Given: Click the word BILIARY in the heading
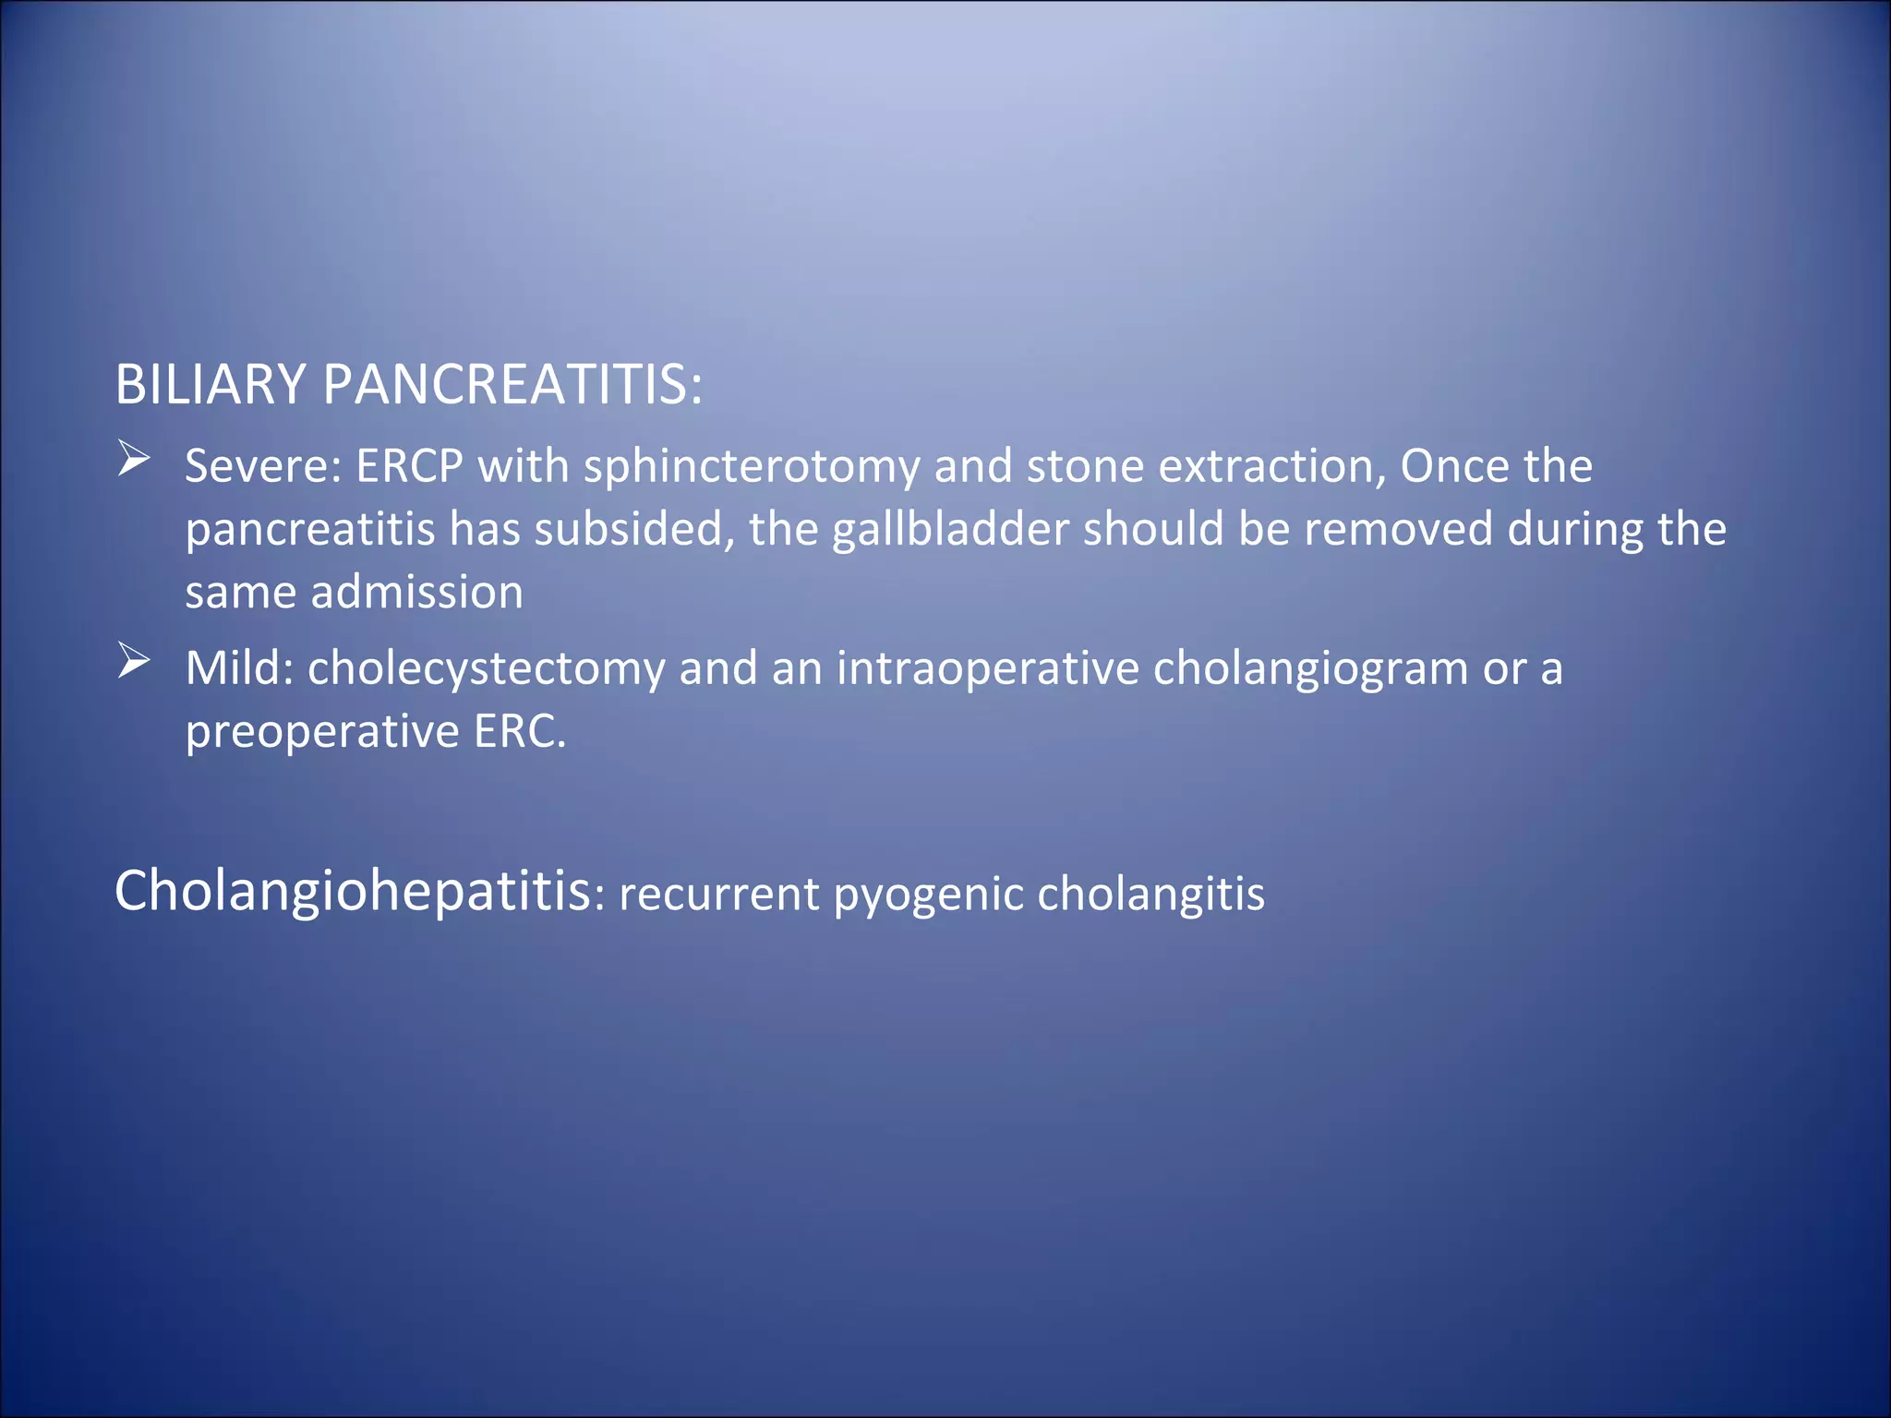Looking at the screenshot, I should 210,384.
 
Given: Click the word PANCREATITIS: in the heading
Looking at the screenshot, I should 512,384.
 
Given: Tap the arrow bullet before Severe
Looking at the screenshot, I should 134,459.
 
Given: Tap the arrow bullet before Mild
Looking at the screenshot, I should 134,661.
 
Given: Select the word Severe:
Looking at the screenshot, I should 263,466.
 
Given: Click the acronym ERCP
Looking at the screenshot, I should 409,466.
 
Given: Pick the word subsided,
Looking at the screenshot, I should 634,530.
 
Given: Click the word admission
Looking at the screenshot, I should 416,593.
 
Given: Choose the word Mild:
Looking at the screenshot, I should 239,668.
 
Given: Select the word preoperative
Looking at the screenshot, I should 322,733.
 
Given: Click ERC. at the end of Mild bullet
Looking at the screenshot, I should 519,731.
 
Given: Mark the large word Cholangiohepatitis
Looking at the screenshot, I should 352,892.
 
